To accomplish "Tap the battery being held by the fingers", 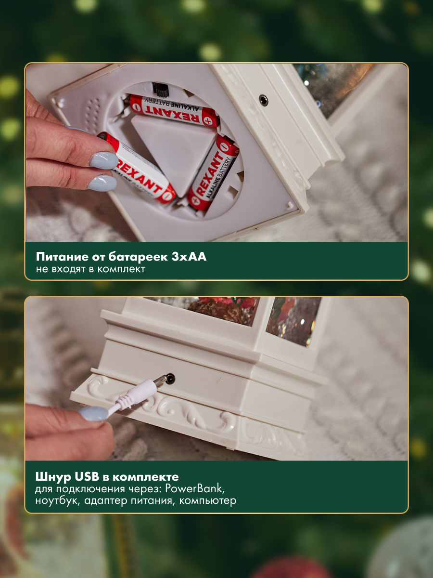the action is pos(137,169).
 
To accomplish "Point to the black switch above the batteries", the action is pos(160,90).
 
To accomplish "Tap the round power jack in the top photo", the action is pos(264,100).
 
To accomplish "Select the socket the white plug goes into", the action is pos(170,379).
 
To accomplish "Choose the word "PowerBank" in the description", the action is pos(195,489).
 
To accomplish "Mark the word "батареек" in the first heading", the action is pos(138,257).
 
